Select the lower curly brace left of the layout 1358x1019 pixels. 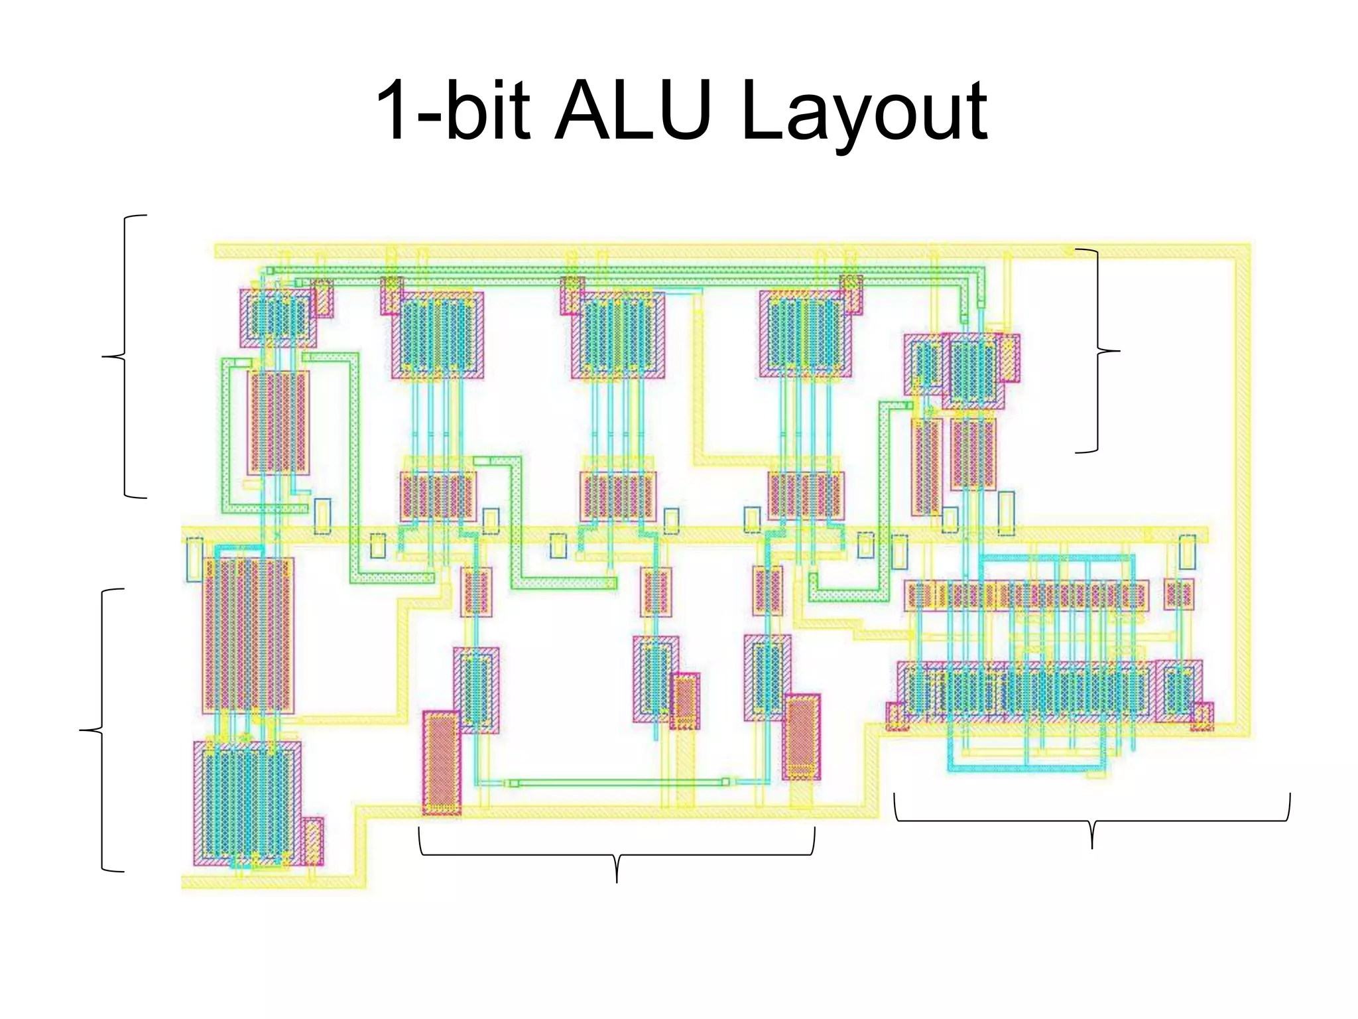(x=101, y=730)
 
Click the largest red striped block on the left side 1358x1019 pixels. (x=248, y=635)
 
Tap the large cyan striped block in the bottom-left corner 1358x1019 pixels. (x=247, y=803)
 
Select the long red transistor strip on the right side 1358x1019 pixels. (x=1026, y=595)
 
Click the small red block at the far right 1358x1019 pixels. (x=1178, y=593)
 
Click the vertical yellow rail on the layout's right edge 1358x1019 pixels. (x=1242, y=491)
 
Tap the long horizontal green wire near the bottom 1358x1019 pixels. (x=617, y=783)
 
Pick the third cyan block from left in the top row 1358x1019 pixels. (x=618, y=334)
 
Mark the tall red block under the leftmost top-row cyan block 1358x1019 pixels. (x=278, y=423)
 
